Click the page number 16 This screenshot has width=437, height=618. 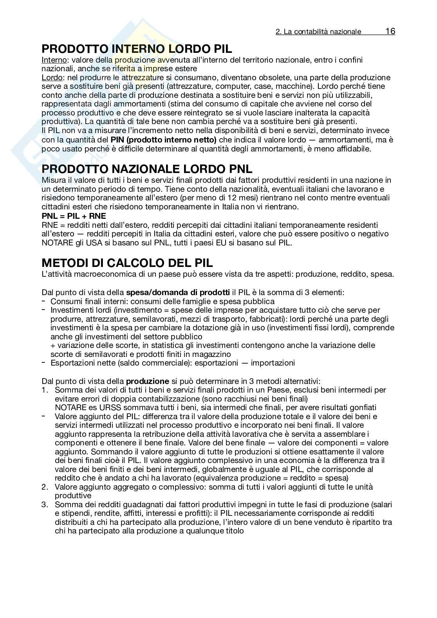[390, 31]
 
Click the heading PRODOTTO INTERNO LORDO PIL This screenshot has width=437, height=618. [137, 49]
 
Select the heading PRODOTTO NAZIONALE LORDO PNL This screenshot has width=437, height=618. [147, 169]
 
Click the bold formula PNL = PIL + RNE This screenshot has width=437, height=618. [74, 216]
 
